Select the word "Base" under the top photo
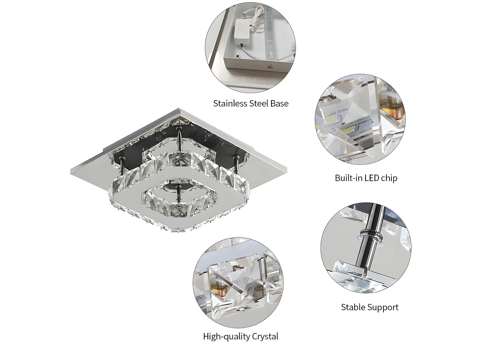pos(279,104)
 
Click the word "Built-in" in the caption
pos(348,178)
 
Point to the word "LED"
pos(371,178)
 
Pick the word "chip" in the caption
pos(389,178)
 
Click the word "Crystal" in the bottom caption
pos(265,336)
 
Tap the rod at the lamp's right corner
pos(236,163)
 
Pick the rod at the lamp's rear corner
pos(179,138)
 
